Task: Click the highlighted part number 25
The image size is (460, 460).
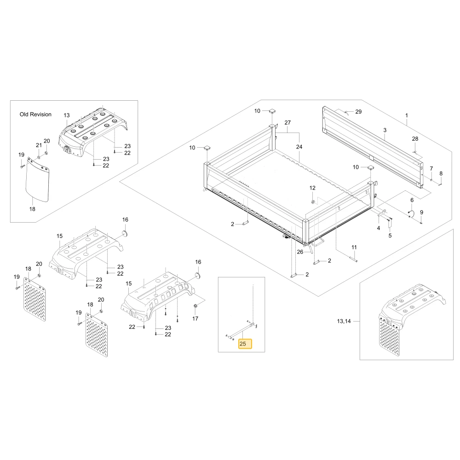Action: click(243, 344)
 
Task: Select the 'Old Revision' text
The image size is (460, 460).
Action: click(35, 115)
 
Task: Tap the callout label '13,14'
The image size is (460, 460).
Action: click(344, 321)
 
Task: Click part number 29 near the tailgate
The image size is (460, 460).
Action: click(358, 112)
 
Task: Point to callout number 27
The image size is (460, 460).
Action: click(287, 123)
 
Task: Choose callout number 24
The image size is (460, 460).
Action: click(299, 147)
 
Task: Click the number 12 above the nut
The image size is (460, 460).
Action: click(312, 188)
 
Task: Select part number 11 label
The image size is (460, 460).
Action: click(354, 247)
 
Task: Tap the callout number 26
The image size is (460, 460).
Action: click(300, 252)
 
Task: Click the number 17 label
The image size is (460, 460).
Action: click(195, 319)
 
